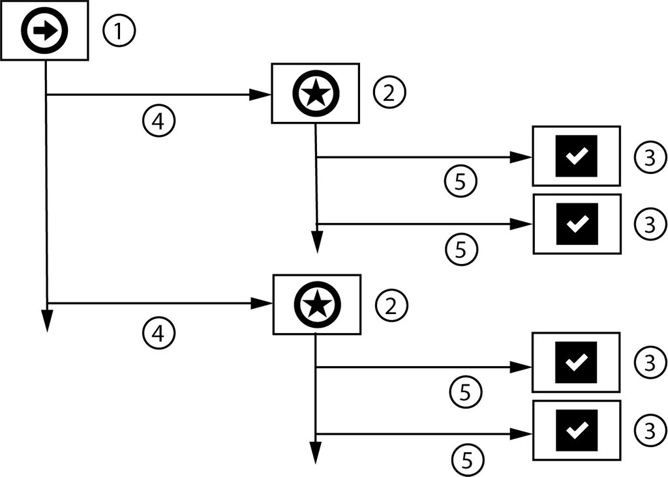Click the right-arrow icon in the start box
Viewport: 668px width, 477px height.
click(44, 31)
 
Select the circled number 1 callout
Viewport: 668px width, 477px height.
click(118, 31)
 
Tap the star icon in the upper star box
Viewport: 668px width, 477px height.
click(316, 93)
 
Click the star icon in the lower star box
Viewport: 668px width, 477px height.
click(316, 303)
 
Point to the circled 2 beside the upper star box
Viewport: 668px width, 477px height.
click(389, 93)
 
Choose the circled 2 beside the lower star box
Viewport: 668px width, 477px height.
click(391, 305)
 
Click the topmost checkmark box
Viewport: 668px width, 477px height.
click(576, 156)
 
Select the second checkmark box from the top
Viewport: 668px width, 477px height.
click(576, 224)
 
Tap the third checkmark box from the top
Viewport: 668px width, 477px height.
click(576, 362)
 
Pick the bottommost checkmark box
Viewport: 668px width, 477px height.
click(576, 429)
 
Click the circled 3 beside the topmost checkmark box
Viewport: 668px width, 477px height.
click(649, 156)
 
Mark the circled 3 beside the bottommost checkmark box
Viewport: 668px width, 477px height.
click(649, 430)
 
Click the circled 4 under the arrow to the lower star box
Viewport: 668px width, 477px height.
click(159, 333)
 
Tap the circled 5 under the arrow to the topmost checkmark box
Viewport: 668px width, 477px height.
click(461, 182)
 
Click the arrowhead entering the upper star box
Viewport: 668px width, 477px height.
click(261, 95)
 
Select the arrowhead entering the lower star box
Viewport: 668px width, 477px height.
click(261, 304)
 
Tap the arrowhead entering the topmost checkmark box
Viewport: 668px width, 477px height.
click(521, 157)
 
